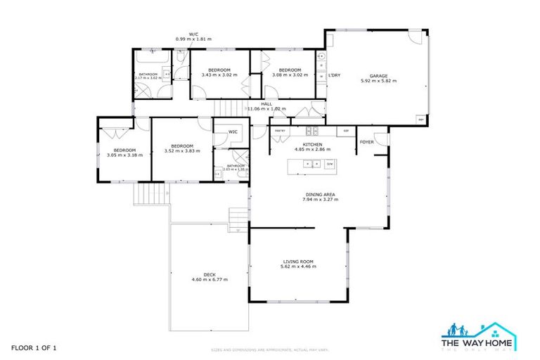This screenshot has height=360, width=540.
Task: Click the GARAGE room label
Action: (x=378, y=75)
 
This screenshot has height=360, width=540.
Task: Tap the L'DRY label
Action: (x=334, y=75)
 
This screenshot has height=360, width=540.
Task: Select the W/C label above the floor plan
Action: (x=193, y=33)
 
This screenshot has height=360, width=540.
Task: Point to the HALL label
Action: (x=266, y=104)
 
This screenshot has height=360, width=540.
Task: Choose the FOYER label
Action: (x=366, y=141)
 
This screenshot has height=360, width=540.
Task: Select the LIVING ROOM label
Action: (x=298, y=262)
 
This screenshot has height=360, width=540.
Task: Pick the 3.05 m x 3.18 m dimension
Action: (x=124, y=155)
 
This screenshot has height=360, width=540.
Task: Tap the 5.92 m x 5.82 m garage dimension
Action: (x=378, y=81)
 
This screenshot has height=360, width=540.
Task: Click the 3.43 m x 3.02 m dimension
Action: (x=219, y=75)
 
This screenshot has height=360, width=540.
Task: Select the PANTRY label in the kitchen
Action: (x=279, y=131)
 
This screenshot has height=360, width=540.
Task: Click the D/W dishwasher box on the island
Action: (x=330, y=164)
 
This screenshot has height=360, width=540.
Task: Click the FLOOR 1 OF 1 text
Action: (x=33, y=348)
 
